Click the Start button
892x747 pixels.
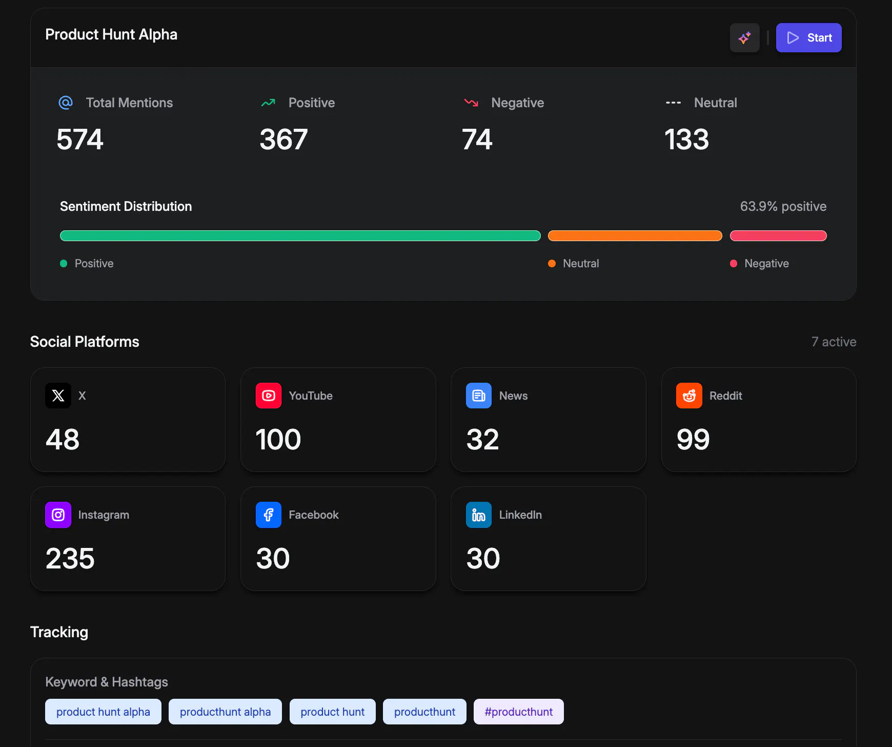click(x=808, y=37)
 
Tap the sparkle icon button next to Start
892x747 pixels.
click(x=744, y=37)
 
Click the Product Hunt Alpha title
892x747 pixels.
click(x=111, y=34)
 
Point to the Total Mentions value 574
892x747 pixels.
click(x=80, y=140)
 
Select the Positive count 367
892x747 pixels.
click(x=283, y=140)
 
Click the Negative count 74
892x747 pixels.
click(x=477, y=140)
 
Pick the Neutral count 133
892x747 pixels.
click(x=686, y=140)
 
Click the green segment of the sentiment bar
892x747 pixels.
click(x=300, y=235)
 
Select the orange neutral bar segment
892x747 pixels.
click(x=635, y=235)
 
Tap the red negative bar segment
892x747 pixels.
click(x=778, y=235)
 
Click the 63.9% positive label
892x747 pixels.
click(x=783, y=206)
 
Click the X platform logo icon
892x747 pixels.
click(x=58, y=396)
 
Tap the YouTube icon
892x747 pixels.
click(x=269, y=396)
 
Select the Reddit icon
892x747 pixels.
click(x=689, y=396)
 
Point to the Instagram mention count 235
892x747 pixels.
click(x=70, y=558)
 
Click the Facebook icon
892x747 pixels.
click(x=269, y=515)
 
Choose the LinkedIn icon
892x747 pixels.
click(x=479, y=515)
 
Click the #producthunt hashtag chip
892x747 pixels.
click(x=518, y=712)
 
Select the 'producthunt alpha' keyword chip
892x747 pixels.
click(x=225, y=712)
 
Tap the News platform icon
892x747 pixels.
click(x=479, y=396)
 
